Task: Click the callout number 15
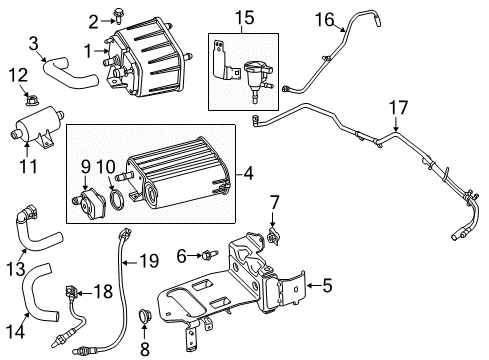pos(245,19)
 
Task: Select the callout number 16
pos(325,20)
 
